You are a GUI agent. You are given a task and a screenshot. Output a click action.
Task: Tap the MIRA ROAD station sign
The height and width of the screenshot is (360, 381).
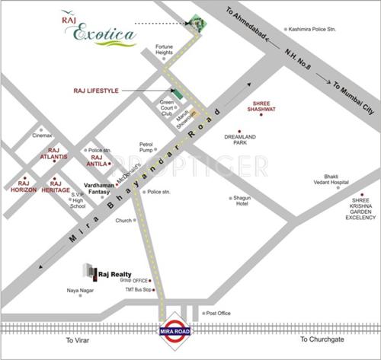click(174, 330)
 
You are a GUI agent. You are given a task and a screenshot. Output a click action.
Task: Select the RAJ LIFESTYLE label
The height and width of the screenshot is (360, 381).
click(97, 91)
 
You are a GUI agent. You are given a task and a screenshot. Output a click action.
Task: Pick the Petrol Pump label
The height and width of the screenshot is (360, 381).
click(146, 146)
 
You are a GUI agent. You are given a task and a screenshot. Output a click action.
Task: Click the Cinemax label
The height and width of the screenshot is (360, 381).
click(42, 135)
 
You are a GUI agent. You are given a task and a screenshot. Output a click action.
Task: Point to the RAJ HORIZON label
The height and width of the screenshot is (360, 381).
click(23, 187)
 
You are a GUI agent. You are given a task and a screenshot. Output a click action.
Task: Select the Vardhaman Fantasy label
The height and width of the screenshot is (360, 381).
click(98, 191)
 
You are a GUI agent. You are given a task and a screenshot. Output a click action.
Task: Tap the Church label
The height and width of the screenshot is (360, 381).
click(123, 221)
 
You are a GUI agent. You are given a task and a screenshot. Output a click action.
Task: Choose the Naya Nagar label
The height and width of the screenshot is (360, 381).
click(82, 290)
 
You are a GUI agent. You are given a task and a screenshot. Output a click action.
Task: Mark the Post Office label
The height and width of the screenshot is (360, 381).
click(217, 313)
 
